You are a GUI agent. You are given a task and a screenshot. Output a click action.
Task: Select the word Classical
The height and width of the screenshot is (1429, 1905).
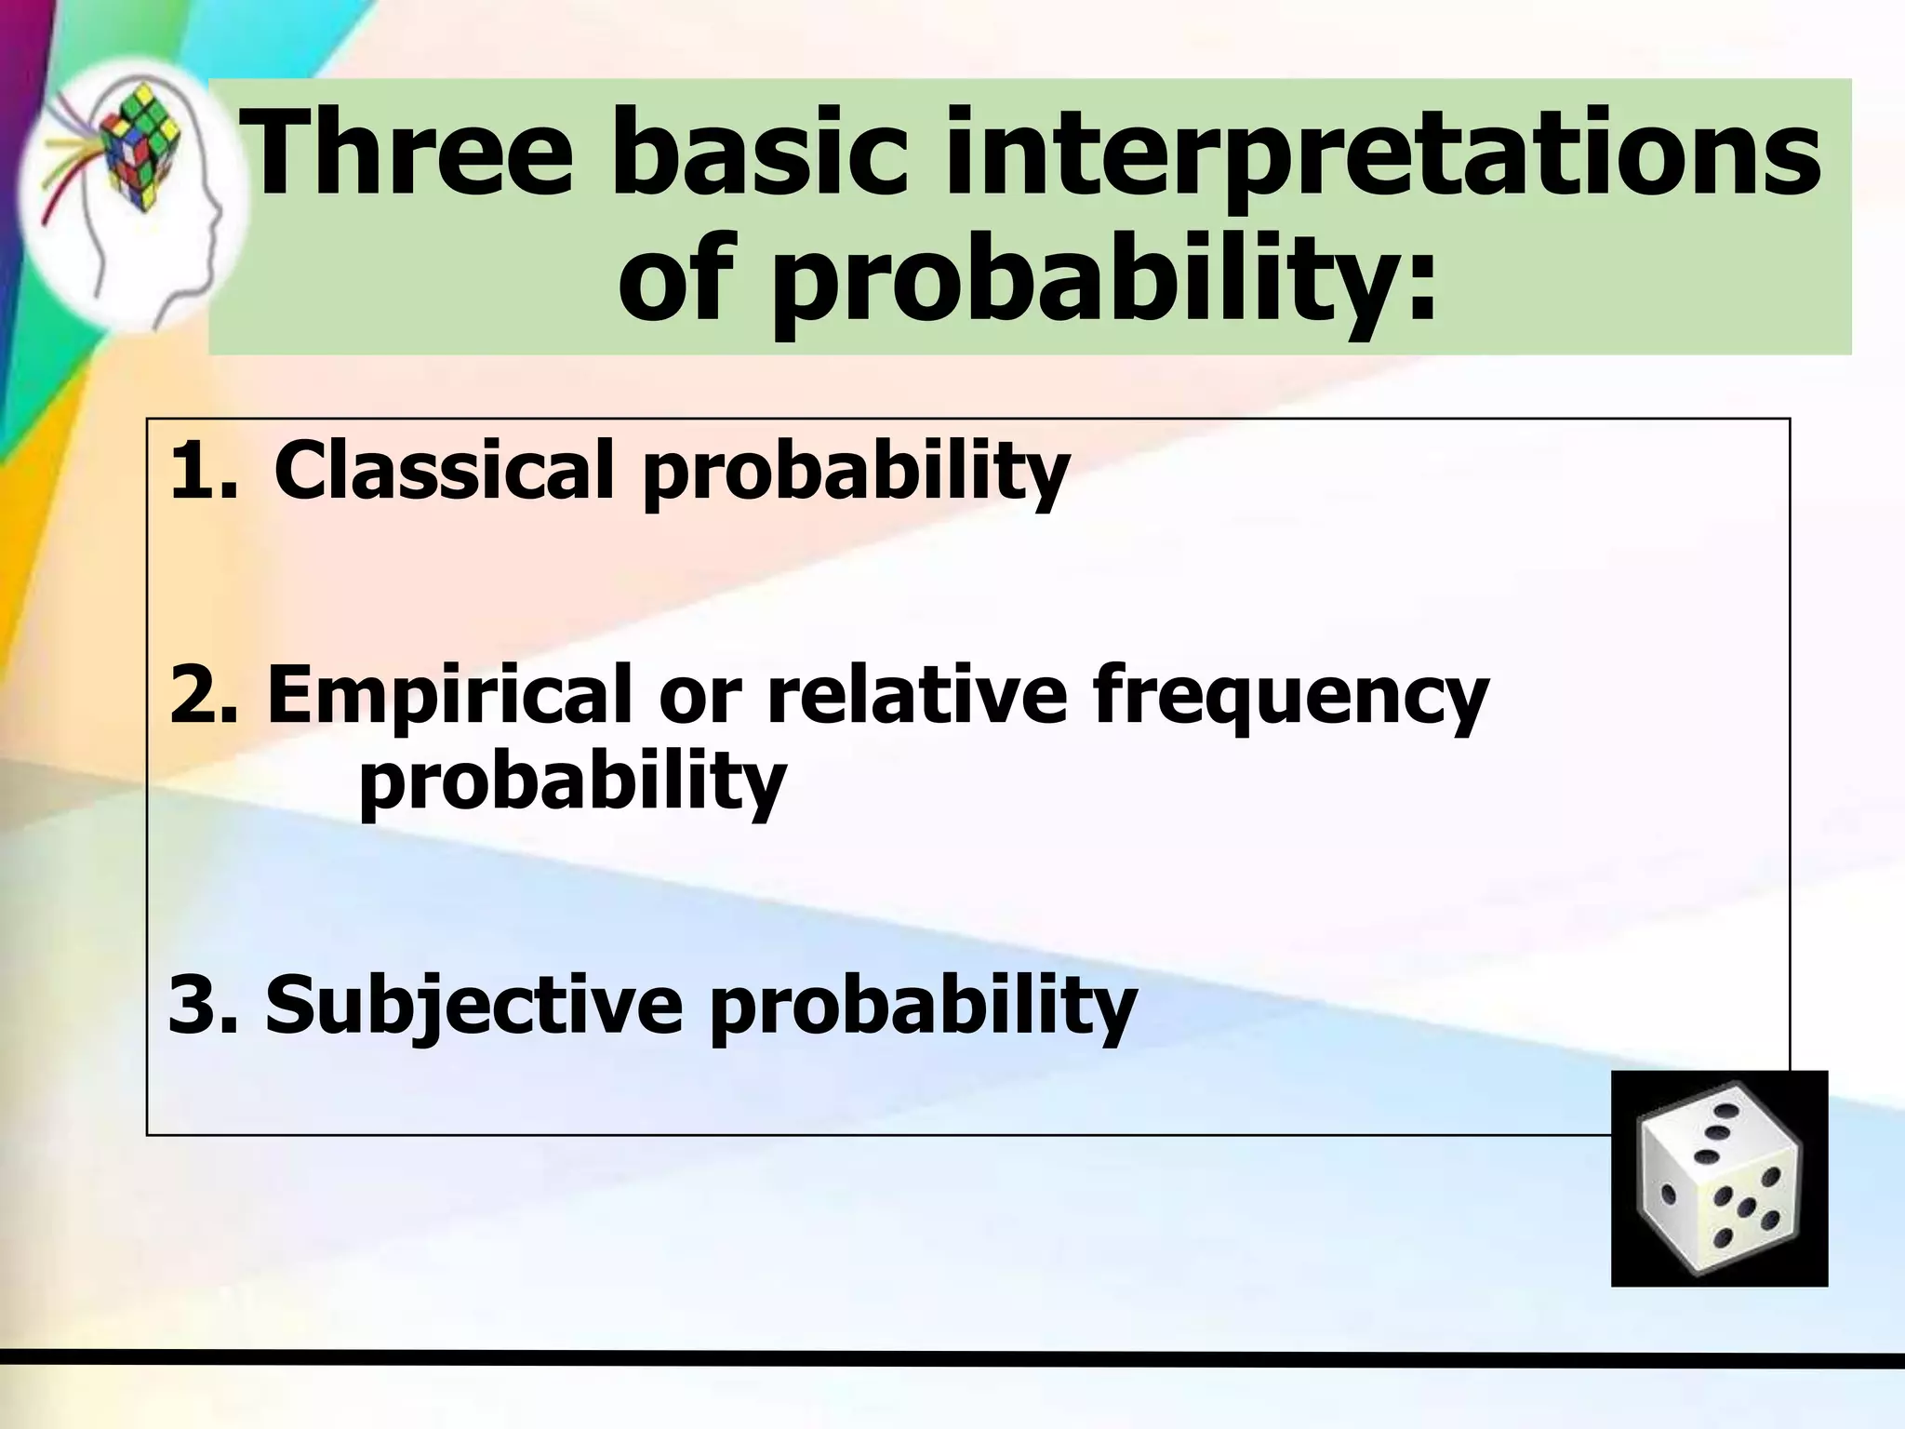(444, 470)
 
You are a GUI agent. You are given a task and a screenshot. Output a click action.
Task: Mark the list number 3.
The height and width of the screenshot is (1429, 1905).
(200, 1005)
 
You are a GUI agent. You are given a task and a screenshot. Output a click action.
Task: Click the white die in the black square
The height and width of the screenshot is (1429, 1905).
(1718, 1180)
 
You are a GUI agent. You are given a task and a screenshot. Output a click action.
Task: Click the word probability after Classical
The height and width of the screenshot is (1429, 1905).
(856, 474)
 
